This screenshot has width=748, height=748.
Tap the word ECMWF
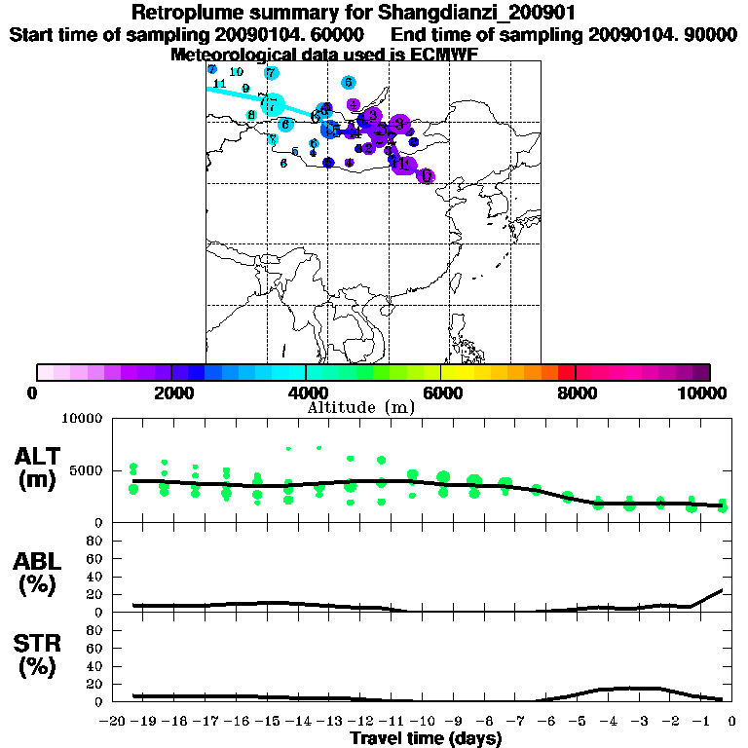(443, 55)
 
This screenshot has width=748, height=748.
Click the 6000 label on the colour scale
(441, 393)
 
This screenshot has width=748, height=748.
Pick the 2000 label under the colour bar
(170, 393)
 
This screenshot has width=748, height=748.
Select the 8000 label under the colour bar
(576, 393)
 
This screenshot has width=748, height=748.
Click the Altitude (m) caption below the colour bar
(360, 407)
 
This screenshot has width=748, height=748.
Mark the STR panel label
(39, 644)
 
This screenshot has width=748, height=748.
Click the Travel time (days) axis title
(426, 739)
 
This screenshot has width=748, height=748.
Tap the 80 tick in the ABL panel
(95, 541)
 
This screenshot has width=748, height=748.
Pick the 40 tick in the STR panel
(95, 666)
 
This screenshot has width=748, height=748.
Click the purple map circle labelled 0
(426, 176)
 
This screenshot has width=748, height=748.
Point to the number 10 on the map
(236, 72)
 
